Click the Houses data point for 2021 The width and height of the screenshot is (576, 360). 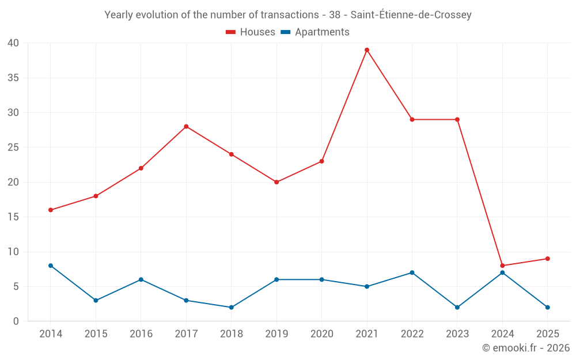[x=367, y=50]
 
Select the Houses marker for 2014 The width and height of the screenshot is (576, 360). [x=51, y=210]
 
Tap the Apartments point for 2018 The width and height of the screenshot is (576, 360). [x=232, y=308]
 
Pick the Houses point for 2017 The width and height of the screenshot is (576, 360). [x=186, y=127]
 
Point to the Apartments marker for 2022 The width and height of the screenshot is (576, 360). [x=412, y=272]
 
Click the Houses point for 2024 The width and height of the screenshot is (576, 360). [x=502, y=266]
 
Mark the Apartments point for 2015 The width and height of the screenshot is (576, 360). [x=96, y=301]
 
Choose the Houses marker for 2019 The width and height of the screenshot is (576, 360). [x=276, y=182]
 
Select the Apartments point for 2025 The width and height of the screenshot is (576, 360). [x=548, y=308]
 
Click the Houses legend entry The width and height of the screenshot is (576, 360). [x=251, y=32]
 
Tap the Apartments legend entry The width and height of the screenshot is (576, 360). [x=315, y=32]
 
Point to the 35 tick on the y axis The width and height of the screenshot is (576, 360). [x=13, y=78]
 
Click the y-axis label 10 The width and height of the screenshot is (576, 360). [x=13, y=252]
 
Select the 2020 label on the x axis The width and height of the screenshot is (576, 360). [x=321, y=334]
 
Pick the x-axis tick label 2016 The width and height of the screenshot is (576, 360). [x=141, y=334]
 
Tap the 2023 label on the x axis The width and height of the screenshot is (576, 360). [x=457, y=334]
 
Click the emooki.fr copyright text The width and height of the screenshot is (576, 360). [x=525, y=348]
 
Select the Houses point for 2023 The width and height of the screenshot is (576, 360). [x=457, y=120]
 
